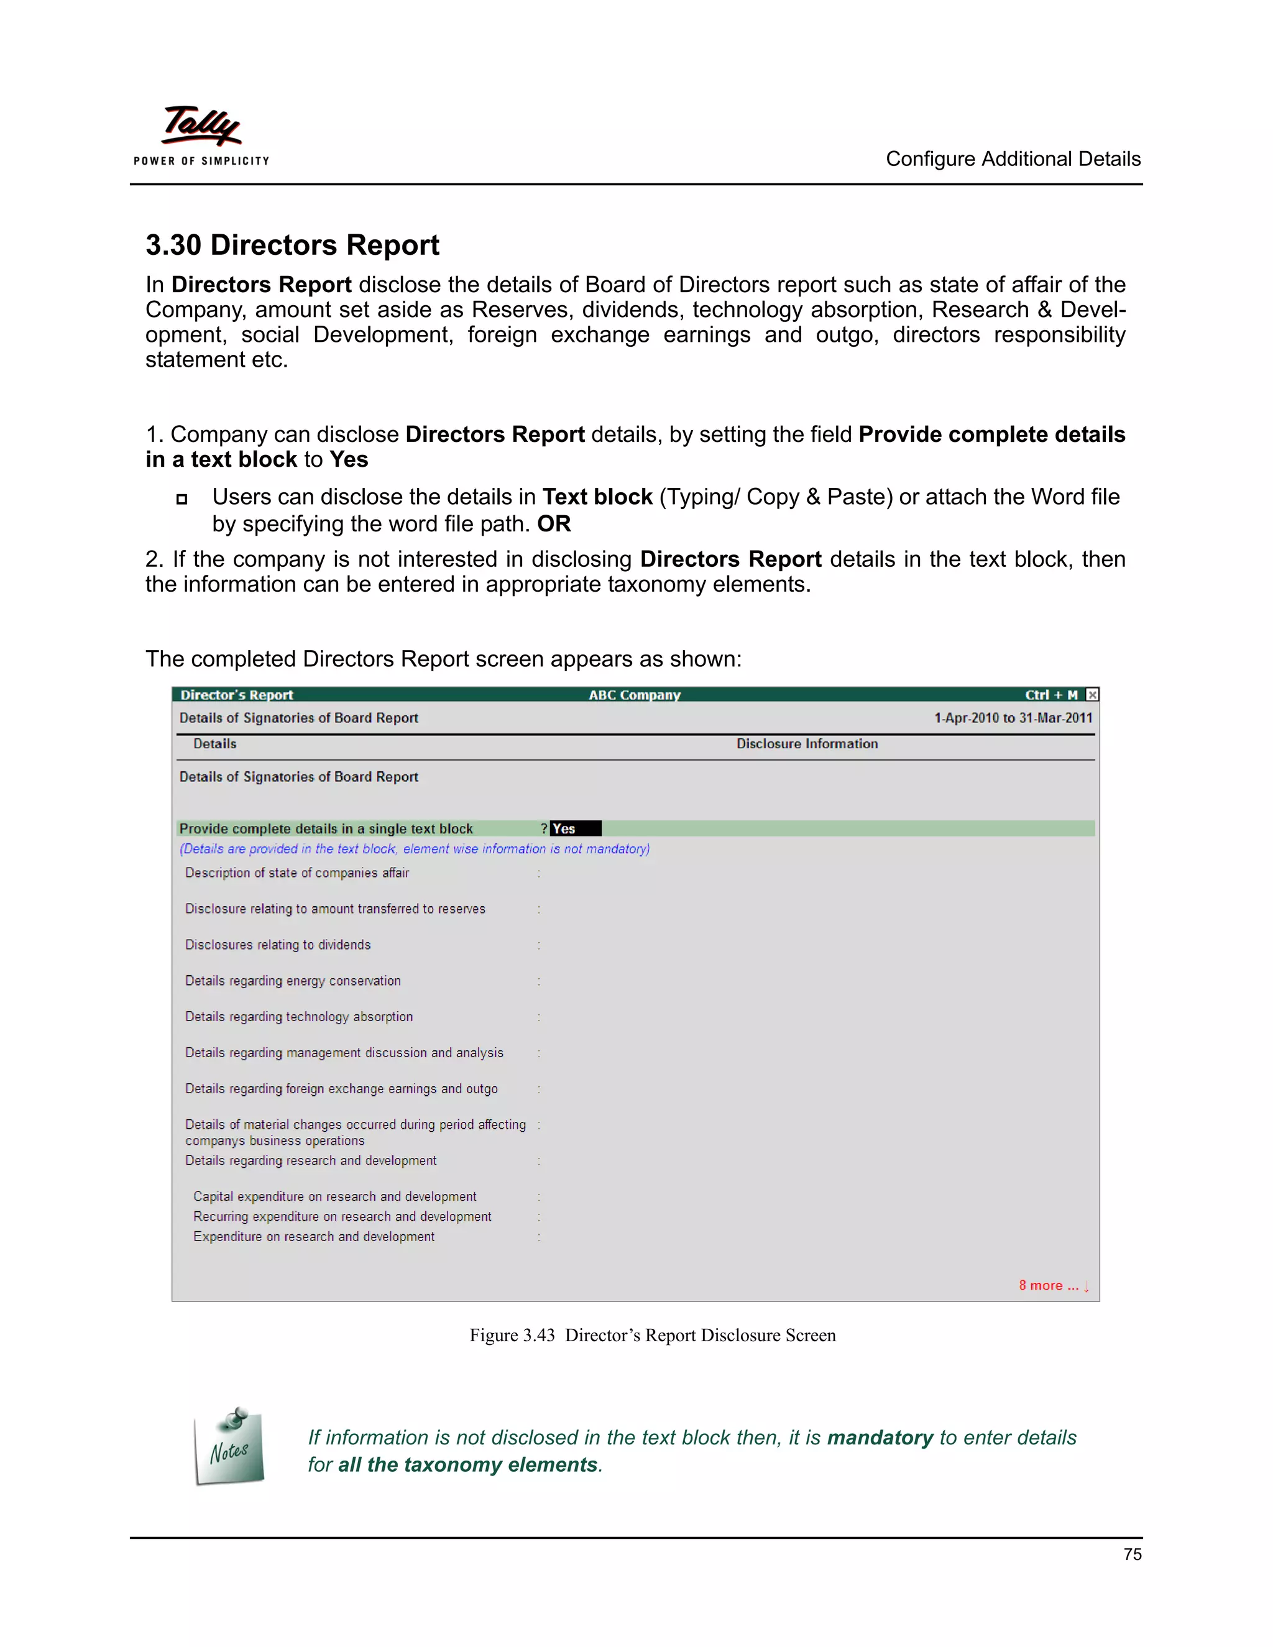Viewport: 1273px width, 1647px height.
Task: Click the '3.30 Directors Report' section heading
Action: (x=292, y=245)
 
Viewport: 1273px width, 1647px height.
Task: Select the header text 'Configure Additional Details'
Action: (x=1012, y=159)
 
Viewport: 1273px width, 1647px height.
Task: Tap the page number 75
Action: (x=1132, y=1554)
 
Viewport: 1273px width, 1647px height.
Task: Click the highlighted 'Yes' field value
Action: (x=575, y=828)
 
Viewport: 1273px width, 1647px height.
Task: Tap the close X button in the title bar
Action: (x=1092, y=695)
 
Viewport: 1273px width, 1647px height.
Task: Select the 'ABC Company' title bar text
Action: (x=634, y=695)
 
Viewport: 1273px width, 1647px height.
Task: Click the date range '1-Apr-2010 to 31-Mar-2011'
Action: (x=1013, y=718)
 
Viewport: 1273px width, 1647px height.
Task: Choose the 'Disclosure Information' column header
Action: (x=807, y=743)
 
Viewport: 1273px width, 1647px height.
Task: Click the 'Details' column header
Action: (x=215, y=743)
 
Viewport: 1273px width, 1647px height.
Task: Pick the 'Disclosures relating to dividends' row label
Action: (x=278, y=945)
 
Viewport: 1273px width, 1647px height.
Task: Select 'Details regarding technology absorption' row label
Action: (x=300, y=1017)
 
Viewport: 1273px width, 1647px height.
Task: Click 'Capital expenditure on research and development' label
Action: (x=335, y=1197)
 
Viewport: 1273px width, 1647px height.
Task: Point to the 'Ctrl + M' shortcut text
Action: (x=1050, y=695)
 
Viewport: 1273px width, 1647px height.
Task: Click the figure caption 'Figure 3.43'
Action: (x=512, y=1336)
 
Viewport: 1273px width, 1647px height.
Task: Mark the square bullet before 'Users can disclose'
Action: (x=182, y=498)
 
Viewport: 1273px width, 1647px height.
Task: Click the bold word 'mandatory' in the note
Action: (x=880, y=1438)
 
